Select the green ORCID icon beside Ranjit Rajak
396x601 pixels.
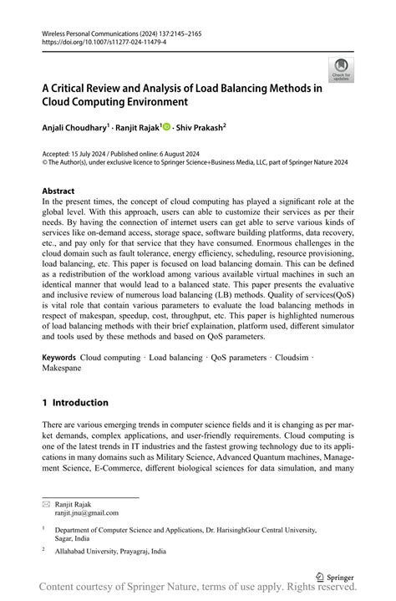click(167, 128)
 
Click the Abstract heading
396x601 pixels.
click(58, 191)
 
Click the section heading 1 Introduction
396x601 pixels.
click(75, 402)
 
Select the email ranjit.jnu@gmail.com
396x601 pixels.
click(87, 513)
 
